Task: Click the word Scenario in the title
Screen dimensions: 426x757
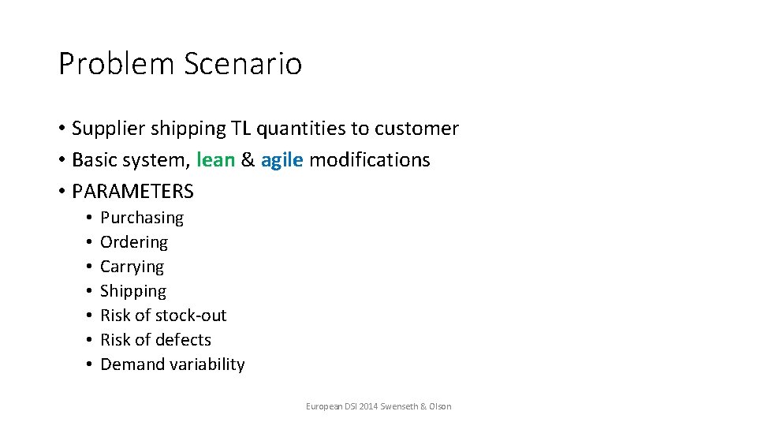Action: (243, 64)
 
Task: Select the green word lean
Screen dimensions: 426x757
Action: (216, 160)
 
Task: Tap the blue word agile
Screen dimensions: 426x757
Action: (282, 160)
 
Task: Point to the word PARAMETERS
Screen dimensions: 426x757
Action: (132, 192)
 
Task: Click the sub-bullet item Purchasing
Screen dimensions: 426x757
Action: (142, 217)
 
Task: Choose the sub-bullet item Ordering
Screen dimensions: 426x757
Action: (134, 241)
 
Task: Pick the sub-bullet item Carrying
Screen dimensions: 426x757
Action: (132, 267)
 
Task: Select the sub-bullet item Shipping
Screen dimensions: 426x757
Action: (133, 291)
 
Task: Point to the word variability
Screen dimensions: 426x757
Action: (207, 364)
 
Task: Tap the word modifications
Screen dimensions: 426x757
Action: (369, 160)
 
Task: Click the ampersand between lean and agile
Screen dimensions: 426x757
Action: (248, 160)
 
